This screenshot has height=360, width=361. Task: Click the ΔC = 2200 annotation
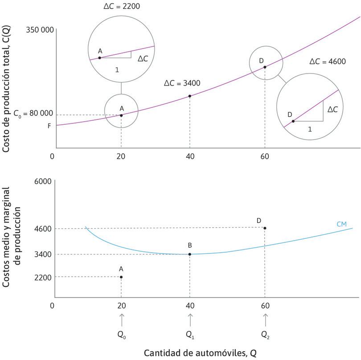point(121,8)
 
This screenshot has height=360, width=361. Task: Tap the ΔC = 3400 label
point(182,83)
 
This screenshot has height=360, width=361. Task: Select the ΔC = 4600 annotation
point(328,61)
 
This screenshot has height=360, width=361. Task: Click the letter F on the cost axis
point(49,126)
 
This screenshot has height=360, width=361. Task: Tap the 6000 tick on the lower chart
point(44,181)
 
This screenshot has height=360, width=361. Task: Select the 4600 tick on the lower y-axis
point(44,229)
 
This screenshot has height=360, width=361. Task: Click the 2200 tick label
point(44,277)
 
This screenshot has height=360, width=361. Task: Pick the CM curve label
point(342,224)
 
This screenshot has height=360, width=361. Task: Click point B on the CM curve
point(190,254)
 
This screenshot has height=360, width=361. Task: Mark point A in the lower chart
point(121,277)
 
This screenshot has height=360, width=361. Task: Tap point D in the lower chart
point(265,228)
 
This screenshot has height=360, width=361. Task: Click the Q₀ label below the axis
point(121,335)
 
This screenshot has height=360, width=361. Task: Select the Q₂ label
point(265,335)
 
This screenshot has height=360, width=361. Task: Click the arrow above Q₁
point(190,319)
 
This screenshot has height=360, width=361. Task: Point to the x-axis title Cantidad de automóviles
point(200,353)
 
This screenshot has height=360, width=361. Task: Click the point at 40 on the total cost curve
point(190,96)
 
